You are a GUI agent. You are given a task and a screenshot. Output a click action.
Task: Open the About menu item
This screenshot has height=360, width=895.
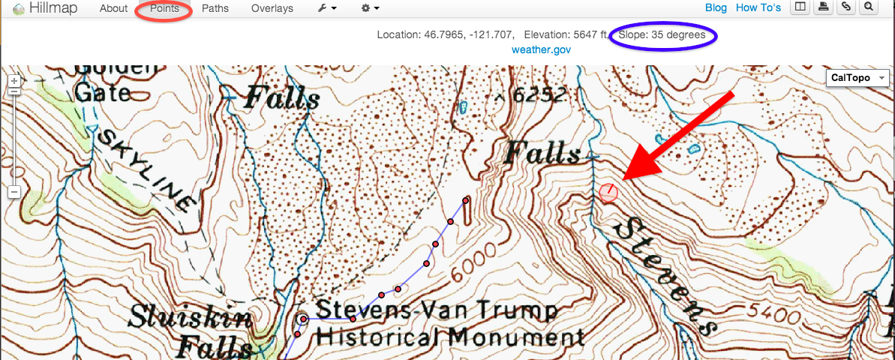click(x=114, y=9)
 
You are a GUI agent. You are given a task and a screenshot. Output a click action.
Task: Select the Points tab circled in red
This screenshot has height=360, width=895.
click(x=164, y=9)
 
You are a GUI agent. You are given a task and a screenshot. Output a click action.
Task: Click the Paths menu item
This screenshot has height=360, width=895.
click(x=215, y=9)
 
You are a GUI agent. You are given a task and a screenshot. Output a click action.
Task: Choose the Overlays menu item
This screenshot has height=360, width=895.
click(x=272, y=9)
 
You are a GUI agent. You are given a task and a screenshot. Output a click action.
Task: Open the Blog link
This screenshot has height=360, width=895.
click(x=716, y=8)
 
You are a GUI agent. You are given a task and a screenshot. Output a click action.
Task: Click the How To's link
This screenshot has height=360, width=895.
click(x=758, y=8)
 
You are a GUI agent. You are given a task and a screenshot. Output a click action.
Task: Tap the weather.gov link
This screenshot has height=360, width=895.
click(x=542, y=49)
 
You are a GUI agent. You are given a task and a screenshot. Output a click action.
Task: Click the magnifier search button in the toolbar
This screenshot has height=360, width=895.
click(x=869, y=8)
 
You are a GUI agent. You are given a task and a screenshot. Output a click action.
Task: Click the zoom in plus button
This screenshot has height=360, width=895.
click(x=14, y=80)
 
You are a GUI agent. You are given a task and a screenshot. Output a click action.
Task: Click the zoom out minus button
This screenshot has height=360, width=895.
click(x=14, y=193)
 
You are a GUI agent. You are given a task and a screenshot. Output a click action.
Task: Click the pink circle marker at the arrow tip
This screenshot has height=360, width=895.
click(x=608, y=193)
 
